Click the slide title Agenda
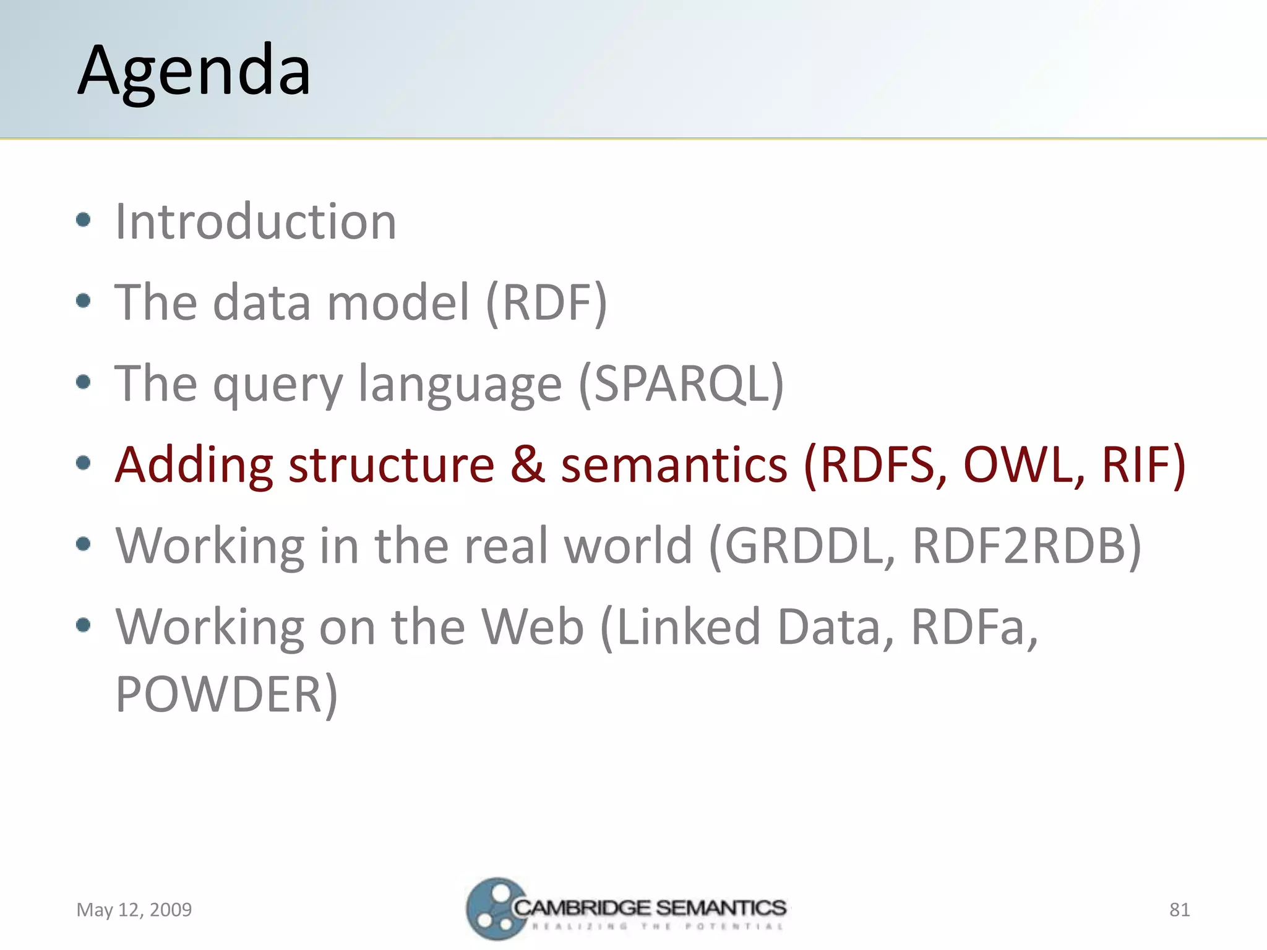point(194,71)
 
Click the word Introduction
point(256,221)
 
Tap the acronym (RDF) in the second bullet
point(546,302)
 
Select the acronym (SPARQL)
point(681,383)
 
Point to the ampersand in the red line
point(527,464)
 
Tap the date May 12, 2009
point(134,909)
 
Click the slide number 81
point(1179,909)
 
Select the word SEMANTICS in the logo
point(721,907)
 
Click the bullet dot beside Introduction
point(84,220)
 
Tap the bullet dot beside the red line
point(84,463)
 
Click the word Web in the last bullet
point(532,627)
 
